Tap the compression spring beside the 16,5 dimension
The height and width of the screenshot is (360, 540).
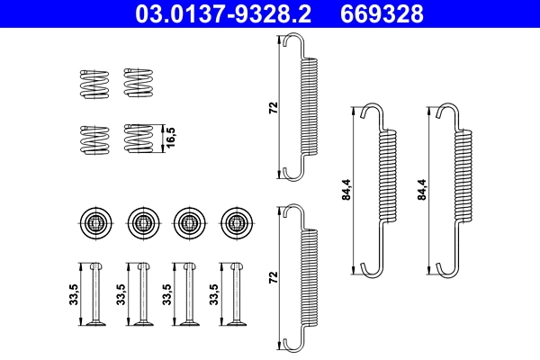[x=138, y=139]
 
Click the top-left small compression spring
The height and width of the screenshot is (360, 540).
[x=93, y=83]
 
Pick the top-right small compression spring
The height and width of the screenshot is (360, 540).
[x=138, y=83]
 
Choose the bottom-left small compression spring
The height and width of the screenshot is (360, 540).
[x=93, y=139]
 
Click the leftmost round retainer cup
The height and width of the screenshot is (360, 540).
[x=94, y=220]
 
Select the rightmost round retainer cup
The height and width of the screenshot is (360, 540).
[x=235, y=220]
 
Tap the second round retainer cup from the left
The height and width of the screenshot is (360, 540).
[x=141, y=220]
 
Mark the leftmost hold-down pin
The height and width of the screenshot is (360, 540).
[x=94, y=296]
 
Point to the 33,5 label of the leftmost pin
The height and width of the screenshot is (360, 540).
[x=73, y=296]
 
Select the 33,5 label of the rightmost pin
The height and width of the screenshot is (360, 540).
[x=213, y=296]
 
